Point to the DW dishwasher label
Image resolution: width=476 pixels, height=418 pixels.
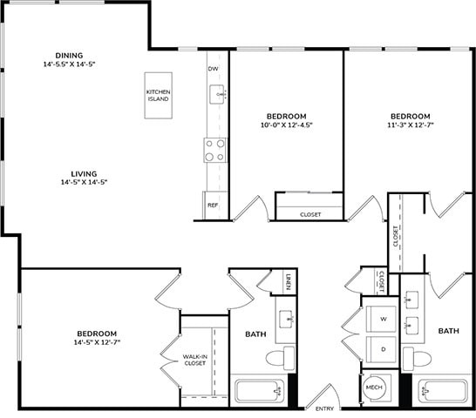(213, 69)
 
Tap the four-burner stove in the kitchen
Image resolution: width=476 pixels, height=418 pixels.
(214, 150)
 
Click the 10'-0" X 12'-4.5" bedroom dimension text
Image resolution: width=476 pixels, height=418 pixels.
(286, 125)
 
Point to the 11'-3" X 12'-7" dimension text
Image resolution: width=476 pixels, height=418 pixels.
(409, 125)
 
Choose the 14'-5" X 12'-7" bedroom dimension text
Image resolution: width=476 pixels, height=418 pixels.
(96, 342)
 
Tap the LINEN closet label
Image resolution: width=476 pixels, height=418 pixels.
(289, 281)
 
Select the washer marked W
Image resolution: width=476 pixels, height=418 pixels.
(381, 320)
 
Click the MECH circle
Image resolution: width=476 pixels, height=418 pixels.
(375, 388)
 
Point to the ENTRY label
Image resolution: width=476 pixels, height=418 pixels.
(324, 409)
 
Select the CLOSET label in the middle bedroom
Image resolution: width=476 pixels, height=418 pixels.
(310, 214)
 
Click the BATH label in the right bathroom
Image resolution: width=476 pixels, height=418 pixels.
(448, 331)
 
